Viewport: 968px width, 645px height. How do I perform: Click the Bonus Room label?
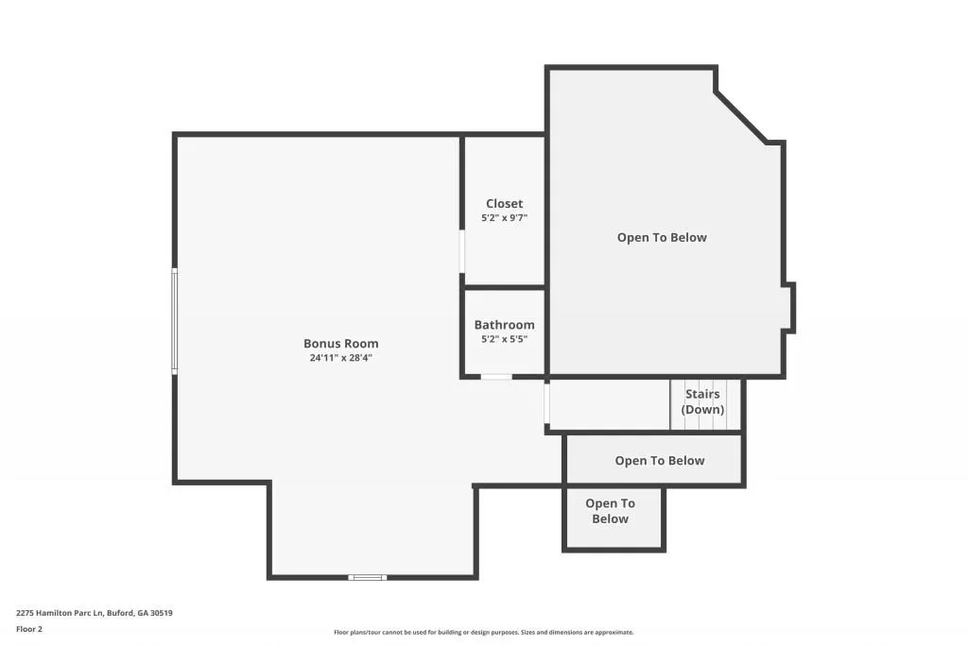tap(340, 344)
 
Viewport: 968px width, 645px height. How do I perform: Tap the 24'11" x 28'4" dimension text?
tap(340, 358)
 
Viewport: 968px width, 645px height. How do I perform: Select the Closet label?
tap(504, 204)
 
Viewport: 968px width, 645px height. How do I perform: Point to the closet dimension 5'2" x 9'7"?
tap(504, 218)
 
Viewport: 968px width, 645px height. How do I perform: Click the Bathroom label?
tap(504, 325)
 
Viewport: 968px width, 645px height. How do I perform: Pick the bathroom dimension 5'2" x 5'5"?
tap(504, 339)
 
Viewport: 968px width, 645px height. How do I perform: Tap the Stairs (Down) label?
tap(702, 401)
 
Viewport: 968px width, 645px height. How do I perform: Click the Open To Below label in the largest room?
tap(662, 238)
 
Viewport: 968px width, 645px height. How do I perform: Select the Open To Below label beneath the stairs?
tap(659, 461)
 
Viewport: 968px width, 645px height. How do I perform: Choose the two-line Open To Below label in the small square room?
tap(610, 511)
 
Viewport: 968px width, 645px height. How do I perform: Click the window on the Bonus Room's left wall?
tap(174, 321)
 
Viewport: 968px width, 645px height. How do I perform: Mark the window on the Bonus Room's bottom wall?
tap(367, 576)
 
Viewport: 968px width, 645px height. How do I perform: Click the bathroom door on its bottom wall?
tap(495, 377)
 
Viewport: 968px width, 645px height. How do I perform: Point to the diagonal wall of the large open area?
tap(740, 117)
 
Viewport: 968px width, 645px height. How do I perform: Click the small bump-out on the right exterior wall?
tap(791, 308)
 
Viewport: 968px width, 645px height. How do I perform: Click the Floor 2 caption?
tap(29, 629)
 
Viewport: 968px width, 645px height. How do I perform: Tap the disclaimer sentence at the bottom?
tap(483, 633)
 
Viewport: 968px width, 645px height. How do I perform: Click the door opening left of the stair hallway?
tap(546, 403)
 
